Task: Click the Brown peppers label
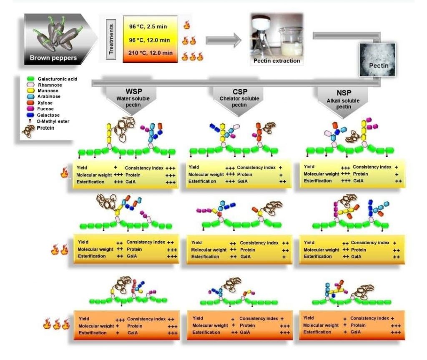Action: pos(53,58)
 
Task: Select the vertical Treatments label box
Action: pos(111,38)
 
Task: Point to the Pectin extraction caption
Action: pos(276,61)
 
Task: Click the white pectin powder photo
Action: pos(377,60)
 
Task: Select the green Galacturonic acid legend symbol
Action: pos(30,78)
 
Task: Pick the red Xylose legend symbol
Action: pos(30,102)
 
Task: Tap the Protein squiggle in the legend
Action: pos(30,128)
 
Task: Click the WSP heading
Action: pos(132,91)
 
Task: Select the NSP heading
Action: pos(342,91)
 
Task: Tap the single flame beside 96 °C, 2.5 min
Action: pos(186,26)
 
